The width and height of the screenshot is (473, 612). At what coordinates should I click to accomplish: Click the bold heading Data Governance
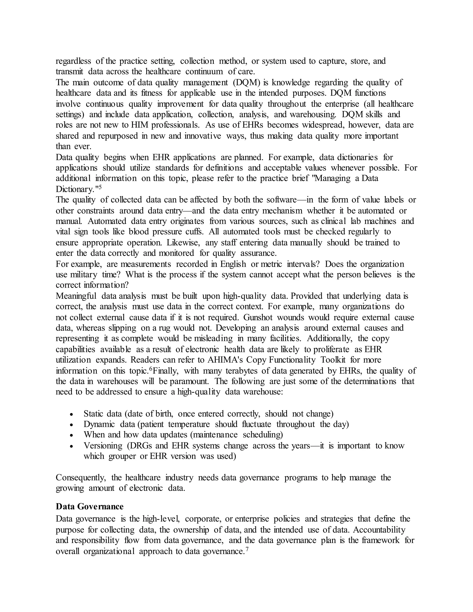pos(89,506)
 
